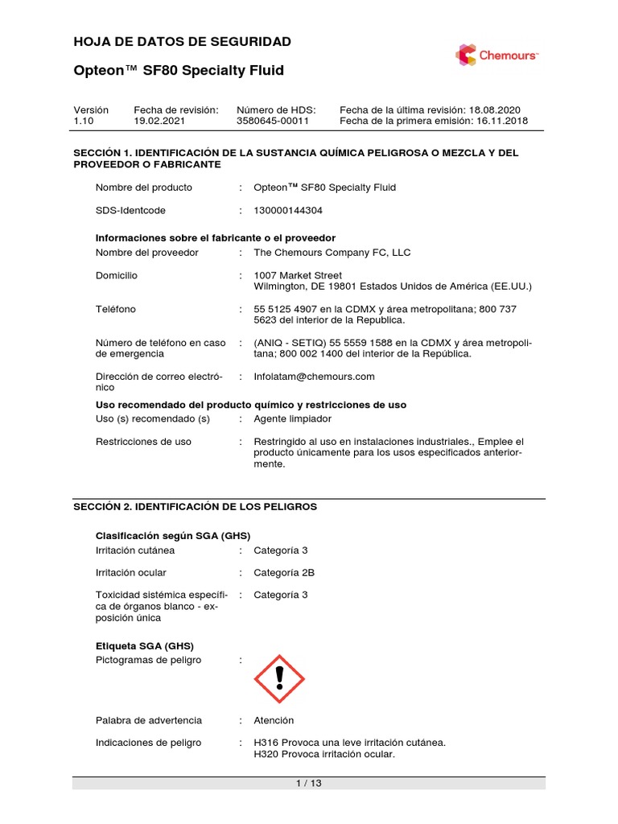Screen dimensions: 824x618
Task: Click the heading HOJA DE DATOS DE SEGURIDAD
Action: coord(182,42)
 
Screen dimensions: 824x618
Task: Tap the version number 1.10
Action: coord(84,121)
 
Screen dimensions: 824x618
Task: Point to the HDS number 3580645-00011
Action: coord(273,121)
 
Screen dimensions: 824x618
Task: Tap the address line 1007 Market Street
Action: coord(298,275)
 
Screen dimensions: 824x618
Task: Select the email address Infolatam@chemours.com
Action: coord(315,377)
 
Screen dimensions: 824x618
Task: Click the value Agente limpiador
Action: coord(292,419)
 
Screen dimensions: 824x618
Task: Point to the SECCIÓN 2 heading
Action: coord(196,507)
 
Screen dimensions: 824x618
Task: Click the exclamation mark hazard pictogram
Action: coord(279,678)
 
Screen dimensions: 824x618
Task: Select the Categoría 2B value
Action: coord(284,573)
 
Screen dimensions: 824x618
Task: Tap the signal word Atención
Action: coord(274,720)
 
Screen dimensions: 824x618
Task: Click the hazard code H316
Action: coord(266,743)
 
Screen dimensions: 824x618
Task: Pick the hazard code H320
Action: coord(266,755)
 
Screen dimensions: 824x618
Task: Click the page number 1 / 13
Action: coord(309,784)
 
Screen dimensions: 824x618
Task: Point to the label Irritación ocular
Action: coord(131,573)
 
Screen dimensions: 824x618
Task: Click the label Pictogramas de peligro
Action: coord(148,660)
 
